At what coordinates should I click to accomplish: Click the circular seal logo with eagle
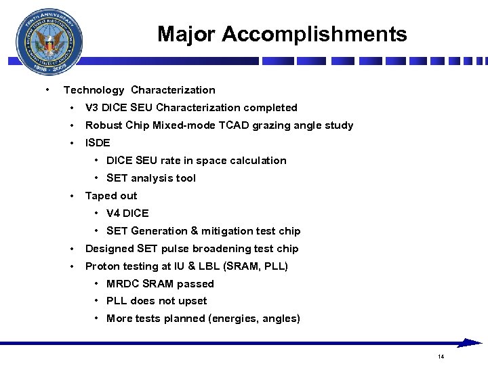point(49,43)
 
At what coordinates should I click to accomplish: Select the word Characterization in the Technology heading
point(173,90)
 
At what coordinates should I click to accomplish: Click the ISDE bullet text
point(98,143)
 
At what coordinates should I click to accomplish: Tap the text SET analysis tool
point(151,178)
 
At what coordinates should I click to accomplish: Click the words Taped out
point(111,196)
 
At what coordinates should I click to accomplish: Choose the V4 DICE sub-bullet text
point(127,213)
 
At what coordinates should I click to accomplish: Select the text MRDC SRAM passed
point(160,284)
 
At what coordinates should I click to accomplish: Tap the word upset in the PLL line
point(192,301)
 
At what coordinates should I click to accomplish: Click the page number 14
point(441,357)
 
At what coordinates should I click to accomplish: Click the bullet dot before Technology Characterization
point(46,90)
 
